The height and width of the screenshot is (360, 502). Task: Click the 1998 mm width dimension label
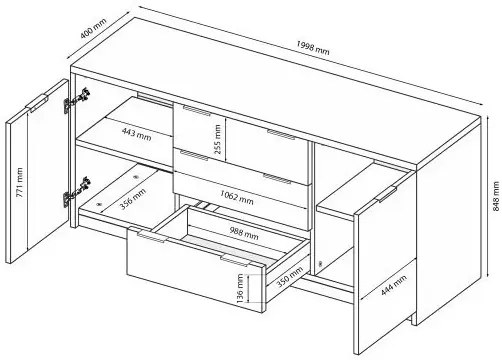(x=313, y=48)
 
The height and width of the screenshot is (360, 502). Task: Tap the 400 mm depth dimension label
(x=93, y=28)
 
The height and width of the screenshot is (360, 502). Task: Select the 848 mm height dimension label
(x=496, y=196)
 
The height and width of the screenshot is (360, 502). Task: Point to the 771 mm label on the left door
(x=20, y=182)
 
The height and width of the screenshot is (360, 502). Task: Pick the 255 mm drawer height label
(x=217, y=139)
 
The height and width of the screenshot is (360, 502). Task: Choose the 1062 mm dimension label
(x=237, y=197)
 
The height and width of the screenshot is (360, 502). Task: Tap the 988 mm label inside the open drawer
(x=244, y=233)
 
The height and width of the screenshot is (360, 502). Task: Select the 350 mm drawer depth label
(x=290, y=276)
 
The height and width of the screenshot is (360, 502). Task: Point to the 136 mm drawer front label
(x=240, y=289)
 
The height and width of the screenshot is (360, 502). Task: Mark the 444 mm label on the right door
(x=394, y=285)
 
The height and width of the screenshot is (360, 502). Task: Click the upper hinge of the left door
(x=77, y=100)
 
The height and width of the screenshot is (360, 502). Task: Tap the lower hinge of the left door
(x=76, y=191)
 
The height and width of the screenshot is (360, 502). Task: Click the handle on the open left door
(x=37, y=102)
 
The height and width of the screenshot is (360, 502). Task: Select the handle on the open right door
(x=386, y=194)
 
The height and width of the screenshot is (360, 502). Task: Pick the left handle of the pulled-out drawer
(x=151, y=236)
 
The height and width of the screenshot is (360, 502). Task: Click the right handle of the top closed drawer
(x=281, y=134)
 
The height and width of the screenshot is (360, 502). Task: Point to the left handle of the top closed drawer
(x=197, y=110)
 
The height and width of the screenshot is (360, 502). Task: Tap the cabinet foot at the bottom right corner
(x=414, y=319)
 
